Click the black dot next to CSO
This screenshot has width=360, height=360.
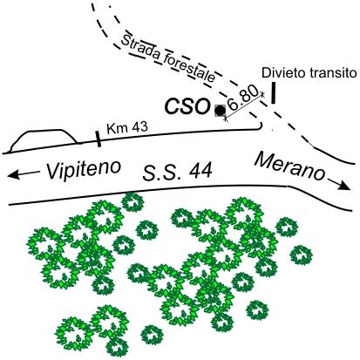[x=220, y=111]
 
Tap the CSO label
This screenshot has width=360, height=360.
[x=187, y=106]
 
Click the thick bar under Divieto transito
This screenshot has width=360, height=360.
[x=273, y=92]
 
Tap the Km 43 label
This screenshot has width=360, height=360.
[x=127, y=128]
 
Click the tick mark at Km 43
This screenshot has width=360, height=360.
[x=98, y=139]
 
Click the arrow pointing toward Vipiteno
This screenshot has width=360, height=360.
[x=24, y=174]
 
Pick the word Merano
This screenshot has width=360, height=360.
[x=289, y=166]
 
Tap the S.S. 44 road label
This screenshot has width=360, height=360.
[x=177, y=172]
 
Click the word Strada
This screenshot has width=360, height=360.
[x=140, y=50]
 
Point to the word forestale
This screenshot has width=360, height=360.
[x=189, y=69]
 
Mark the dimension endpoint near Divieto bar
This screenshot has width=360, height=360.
[x=263, y=94]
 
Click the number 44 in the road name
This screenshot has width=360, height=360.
[x=200, y=172]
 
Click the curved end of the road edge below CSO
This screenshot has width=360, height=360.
[x=261, y=126]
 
